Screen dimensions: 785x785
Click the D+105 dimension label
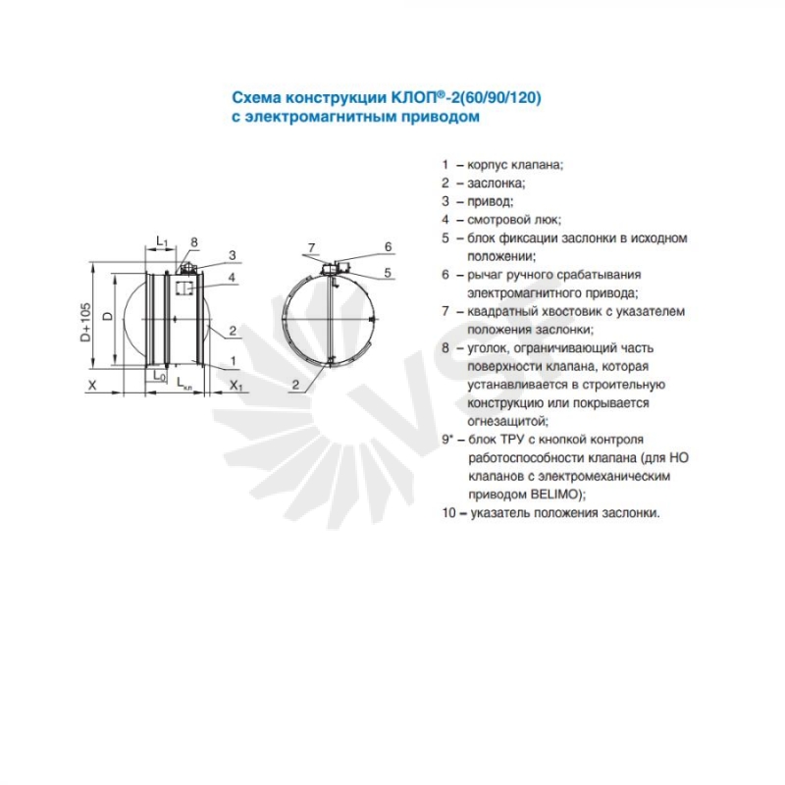(x=86, y=322)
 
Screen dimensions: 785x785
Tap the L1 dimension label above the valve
(x=162, y=241)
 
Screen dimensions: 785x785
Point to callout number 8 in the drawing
(x=194, y=242)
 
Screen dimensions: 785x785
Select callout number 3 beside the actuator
(x=233, y=255)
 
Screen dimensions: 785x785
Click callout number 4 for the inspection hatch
(x=232, y=278)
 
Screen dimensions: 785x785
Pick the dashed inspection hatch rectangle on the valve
(x=183, y=288)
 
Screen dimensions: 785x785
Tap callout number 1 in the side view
(x=233, y=360)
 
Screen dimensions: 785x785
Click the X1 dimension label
(x=235, y=385)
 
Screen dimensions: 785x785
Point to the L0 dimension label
(x=159, y=375)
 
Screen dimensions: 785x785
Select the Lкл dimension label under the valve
(x=184, y=384)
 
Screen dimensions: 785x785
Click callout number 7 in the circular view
(x=311, y=248)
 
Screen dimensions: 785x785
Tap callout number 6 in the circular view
(x=388, y=247)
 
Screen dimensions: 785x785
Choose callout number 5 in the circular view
(x=388, y=273)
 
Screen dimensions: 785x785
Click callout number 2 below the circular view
(x=296, y=385)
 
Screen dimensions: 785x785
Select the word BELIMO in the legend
(x=554, y=495)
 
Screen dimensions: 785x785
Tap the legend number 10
(x=448, y=512)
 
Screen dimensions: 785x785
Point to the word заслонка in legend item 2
(x=495, y=183)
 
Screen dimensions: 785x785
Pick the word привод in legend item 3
(x=489, y=202)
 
